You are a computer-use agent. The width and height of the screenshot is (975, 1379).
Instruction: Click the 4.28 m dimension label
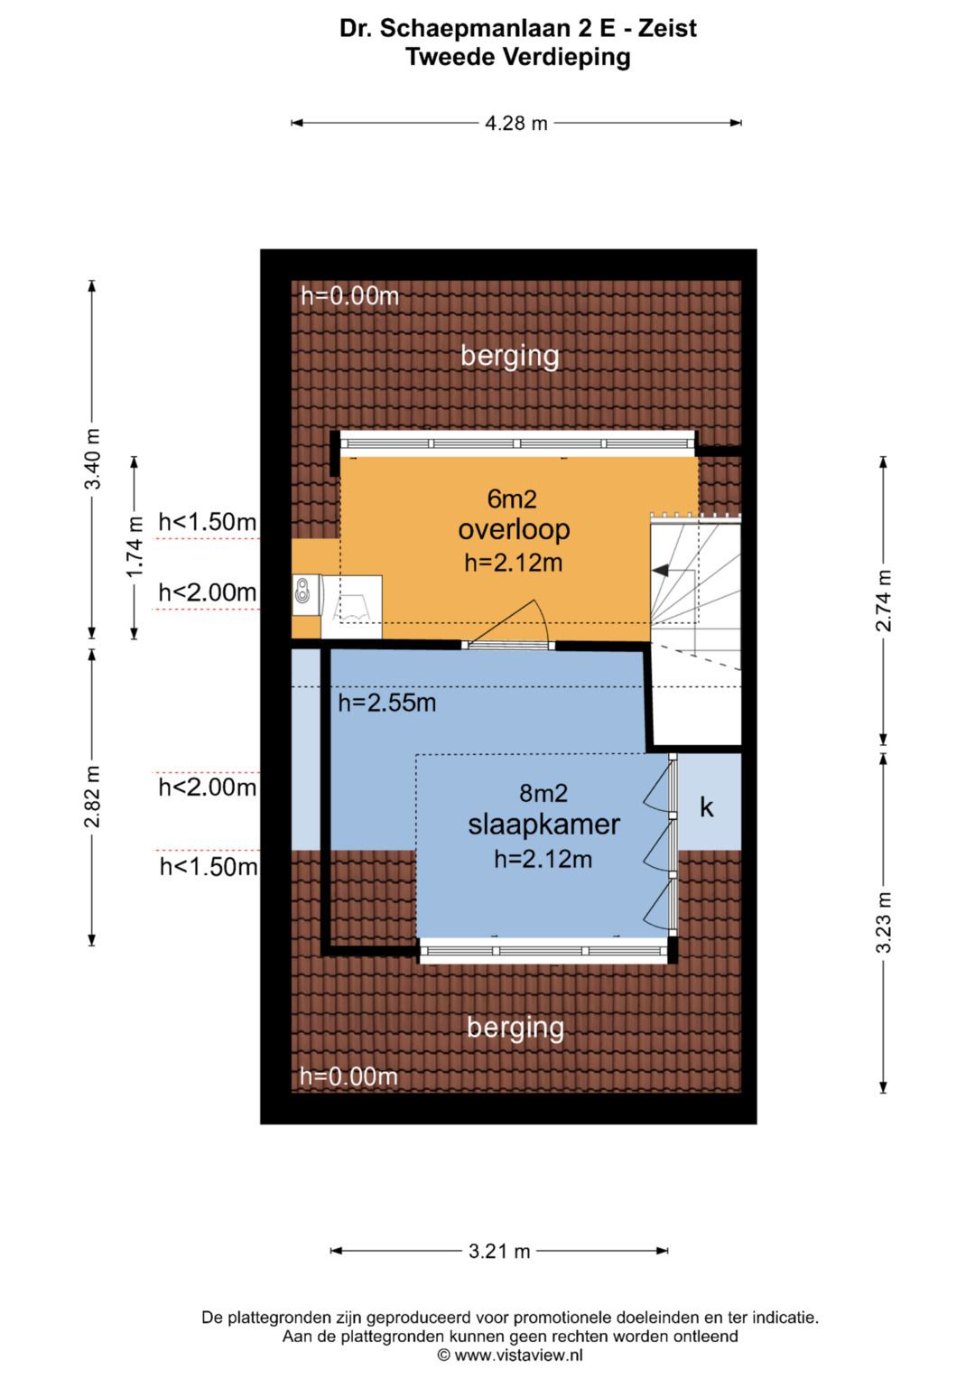click(515, 124)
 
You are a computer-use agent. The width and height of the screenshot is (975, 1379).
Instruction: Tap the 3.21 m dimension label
click(499, 1252)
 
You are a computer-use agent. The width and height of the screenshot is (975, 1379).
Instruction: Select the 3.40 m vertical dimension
click(92, 458)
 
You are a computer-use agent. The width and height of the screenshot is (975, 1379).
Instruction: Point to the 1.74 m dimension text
click(135, 547)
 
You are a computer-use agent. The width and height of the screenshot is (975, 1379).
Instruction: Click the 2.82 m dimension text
click(92, 797)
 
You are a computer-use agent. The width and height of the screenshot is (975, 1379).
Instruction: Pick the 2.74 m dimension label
click(883, 601)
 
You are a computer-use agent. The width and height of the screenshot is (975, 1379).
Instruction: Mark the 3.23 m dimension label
click(883, 921)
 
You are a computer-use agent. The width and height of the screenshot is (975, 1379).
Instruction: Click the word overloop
click(514, 530)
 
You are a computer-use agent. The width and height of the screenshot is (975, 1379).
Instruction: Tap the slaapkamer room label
click(543, 825)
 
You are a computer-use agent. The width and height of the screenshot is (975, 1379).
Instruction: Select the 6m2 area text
click(512, 498)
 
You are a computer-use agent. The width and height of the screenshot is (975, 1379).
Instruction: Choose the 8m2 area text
click(543, 793)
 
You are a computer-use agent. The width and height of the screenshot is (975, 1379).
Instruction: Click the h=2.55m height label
click(387, 703)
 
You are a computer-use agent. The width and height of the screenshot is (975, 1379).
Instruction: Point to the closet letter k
click(707, 806)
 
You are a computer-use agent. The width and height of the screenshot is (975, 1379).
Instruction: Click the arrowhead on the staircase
click(660, 571)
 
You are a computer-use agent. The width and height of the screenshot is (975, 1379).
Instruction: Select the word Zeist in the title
click(667, 28)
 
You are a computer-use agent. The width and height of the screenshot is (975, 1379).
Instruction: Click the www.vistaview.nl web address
click(518, 1356)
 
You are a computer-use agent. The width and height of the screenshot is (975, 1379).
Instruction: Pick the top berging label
click(510, 356)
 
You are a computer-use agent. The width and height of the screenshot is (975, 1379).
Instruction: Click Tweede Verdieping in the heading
click(518, 57)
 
